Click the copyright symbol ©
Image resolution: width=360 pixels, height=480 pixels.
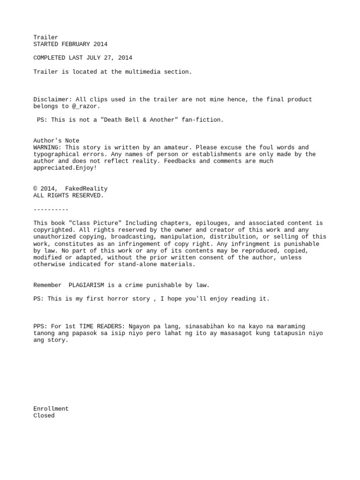[36, 189]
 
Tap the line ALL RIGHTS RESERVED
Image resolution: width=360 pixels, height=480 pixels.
[68, 195]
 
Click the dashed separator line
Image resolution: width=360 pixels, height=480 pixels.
[51, 210]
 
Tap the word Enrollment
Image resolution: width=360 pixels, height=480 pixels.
[51, 409]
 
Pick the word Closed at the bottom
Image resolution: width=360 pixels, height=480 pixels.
[44, 416]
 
